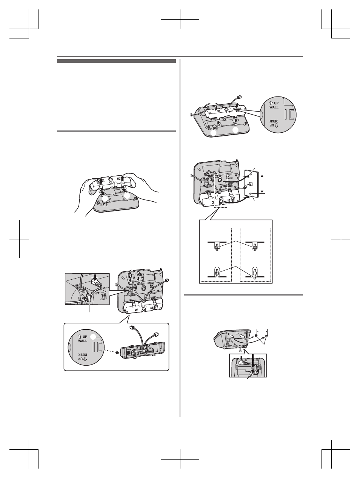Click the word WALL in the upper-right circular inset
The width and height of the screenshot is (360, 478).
pos(274,107)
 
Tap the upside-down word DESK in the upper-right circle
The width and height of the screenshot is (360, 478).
pos(274,121)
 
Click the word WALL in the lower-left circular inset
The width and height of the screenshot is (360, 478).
pos(83,341)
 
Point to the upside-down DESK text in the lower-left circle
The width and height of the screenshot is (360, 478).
pos(83,355)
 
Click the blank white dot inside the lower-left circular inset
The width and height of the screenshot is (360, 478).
pos(93,337)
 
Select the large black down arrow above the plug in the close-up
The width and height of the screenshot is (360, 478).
pos(95,278)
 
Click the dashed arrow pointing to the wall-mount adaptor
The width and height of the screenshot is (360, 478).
pos(111,351)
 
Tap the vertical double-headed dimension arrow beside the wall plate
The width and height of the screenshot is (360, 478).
pos(262,183)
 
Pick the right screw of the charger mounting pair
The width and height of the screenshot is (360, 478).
pos(267,337)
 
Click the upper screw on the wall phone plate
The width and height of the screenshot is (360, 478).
pos(251,174)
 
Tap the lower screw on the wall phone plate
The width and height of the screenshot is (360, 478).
pos(251,193)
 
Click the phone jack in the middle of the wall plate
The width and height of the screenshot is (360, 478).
pos(251,184)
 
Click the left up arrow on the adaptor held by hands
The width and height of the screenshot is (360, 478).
pos(101,180)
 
